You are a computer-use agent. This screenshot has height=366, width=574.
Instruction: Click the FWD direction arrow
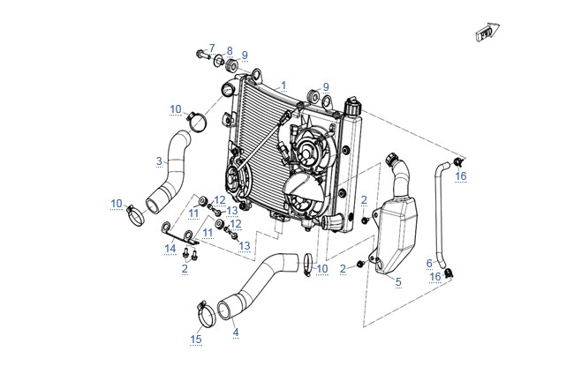pyautogui.click(x=487, y=32)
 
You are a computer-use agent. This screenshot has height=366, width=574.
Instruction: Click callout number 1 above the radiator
pyautogui.click(x=283, y=86)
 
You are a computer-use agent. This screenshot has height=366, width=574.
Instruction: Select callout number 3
pyautogui.click(x=159, y=161)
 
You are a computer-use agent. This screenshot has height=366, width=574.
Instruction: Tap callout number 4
pyautogui.click(x=236, y=332)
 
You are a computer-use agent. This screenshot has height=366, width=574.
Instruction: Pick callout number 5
pyautogui.click(x=398, y=282)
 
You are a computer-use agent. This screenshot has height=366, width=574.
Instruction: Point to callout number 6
pyautogui.click(x=429, y=263)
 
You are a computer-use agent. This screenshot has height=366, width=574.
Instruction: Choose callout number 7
pyautogui.click(x=212, y=48)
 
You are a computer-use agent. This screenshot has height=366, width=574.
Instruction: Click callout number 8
pyautogui.click(x=230, y=51)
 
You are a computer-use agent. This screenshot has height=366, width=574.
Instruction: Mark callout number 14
pyautogui.click(x=170, y=249)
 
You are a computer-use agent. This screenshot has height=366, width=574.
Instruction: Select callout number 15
pyautogui.click(x=196, y=340)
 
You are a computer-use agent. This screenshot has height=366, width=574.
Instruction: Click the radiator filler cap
pyautogui.click(x=352, y=105)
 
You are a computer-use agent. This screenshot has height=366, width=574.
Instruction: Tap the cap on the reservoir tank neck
pyautogui.click(x=391, y=158)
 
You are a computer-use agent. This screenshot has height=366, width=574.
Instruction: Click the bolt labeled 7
pyautogui.click(x=202, y=54)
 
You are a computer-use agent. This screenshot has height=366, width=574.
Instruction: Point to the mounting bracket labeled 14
pyautogui.click(x=180, y=235)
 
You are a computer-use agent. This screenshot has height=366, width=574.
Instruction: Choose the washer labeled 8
pyautogui.click(x=219, y=60)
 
